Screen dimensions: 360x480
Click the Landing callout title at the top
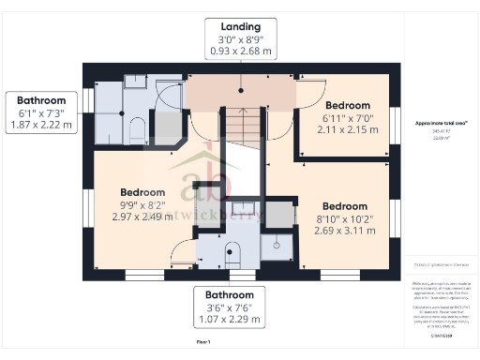tap(240, 25)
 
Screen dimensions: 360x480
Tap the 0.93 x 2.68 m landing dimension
tap(240, 52)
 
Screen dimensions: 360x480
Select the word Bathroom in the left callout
tap(41, 100)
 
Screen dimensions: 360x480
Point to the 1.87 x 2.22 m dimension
tap(41, 125)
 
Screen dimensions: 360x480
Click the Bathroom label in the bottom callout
tap(228, 292)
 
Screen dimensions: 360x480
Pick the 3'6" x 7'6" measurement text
tap(228, 306)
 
